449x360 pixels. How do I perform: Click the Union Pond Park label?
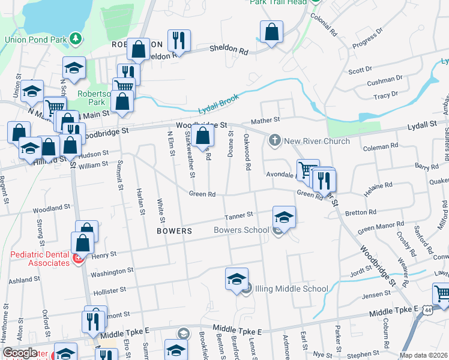point(35,40)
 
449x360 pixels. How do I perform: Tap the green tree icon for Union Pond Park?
point(75,40)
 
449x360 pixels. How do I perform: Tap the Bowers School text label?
point(241,230)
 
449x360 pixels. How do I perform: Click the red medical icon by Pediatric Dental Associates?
point(77,259)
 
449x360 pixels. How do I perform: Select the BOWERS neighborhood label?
point(174,230)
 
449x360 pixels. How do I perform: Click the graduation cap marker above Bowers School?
point(284,217)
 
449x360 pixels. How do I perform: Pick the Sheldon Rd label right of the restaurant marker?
point(228,52)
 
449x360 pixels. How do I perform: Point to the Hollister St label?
point(109,289)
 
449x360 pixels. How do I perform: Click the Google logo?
point(20,353)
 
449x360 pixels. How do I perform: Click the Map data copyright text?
point(423,355)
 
